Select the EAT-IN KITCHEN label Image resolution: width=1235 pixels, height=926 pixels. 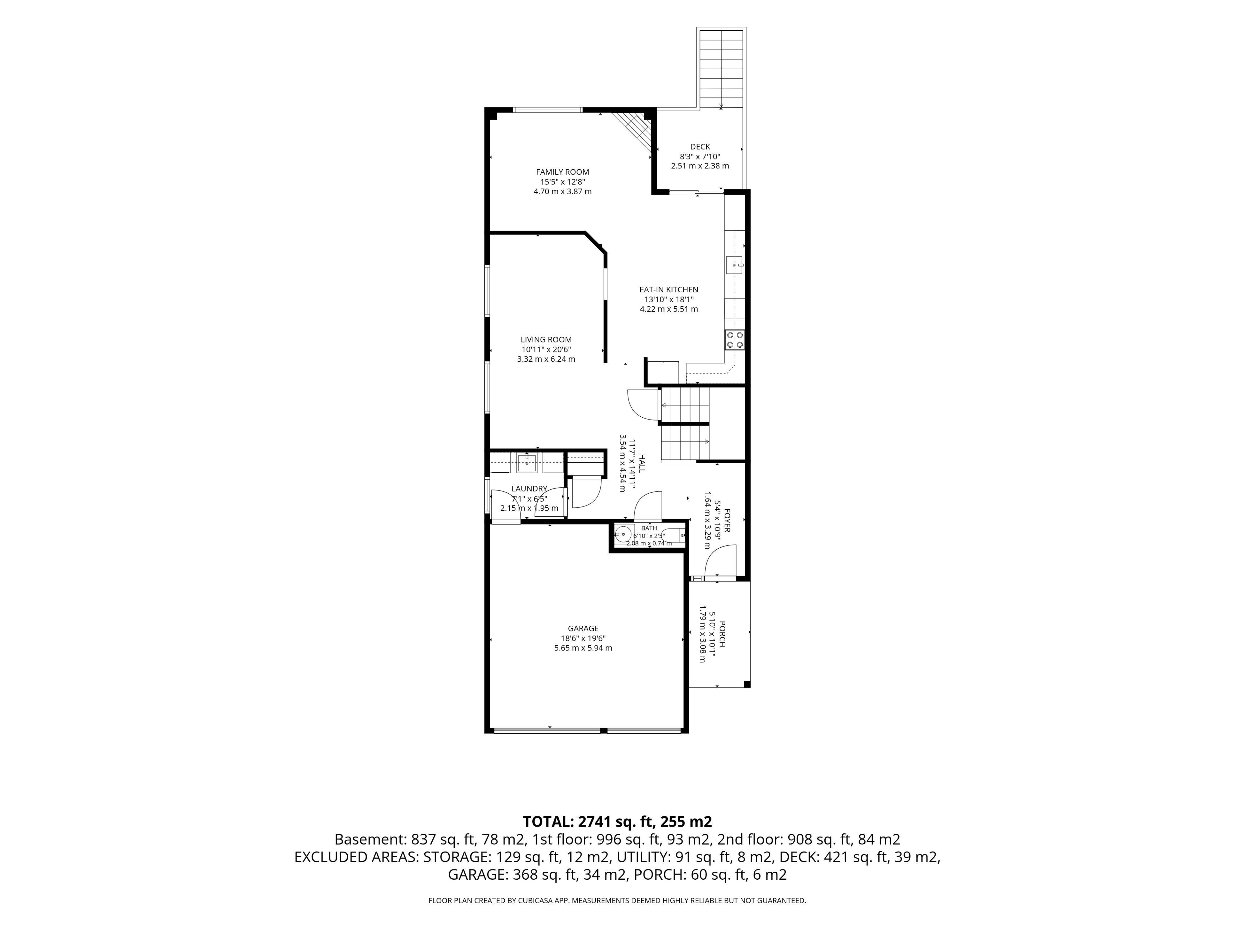668,290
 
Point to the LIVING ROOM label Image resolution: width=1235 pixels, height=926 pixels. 546,339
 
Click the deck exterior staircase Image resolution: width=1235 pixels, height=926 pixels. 721,69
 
